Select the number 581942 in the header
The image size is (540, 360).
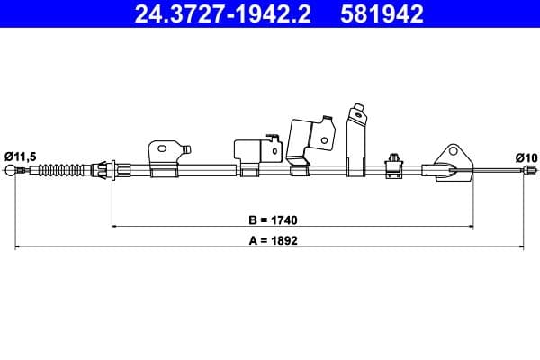point(382,14)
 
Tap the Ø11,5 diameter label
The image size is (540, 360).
point(21,157)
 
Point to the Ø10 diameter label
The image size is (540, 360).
point(526,157)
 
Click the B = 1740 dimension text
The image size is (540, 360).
point(272,219)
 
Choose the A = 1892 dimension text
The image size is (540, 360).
point(272,240)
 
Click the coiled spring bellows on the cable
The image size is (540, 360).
point(61,169)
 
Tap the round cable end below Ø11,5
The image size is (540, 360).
point(12,171)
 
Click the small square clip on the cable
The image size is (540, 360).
point(393,163)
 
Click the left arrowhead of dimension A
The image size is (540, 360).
point(16,247)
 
